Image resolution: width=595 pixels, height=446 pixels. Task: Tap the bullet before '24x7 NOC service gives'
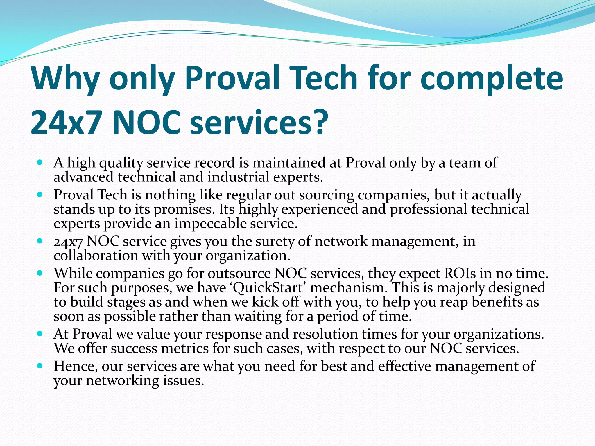click(x=40, y=241)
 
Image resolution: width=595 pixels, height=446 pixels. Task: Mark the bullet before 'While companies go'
click(x=40, y=273)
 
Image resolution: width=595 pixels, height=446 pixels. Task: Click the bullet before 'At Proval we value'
click(x=40, y=334)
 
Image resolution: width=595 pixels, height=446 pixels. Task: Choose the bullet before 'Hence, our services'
click(x=40, y=366)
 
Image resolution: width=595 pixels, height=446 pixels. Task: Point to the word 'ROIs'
click(x=460, y=274)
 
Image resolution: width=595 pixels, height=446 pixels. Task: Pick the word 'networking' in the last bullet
click(x=122, y=381)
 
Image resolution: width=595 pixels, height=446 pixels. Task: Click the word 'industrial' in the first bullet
click(x=239, y=177)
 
